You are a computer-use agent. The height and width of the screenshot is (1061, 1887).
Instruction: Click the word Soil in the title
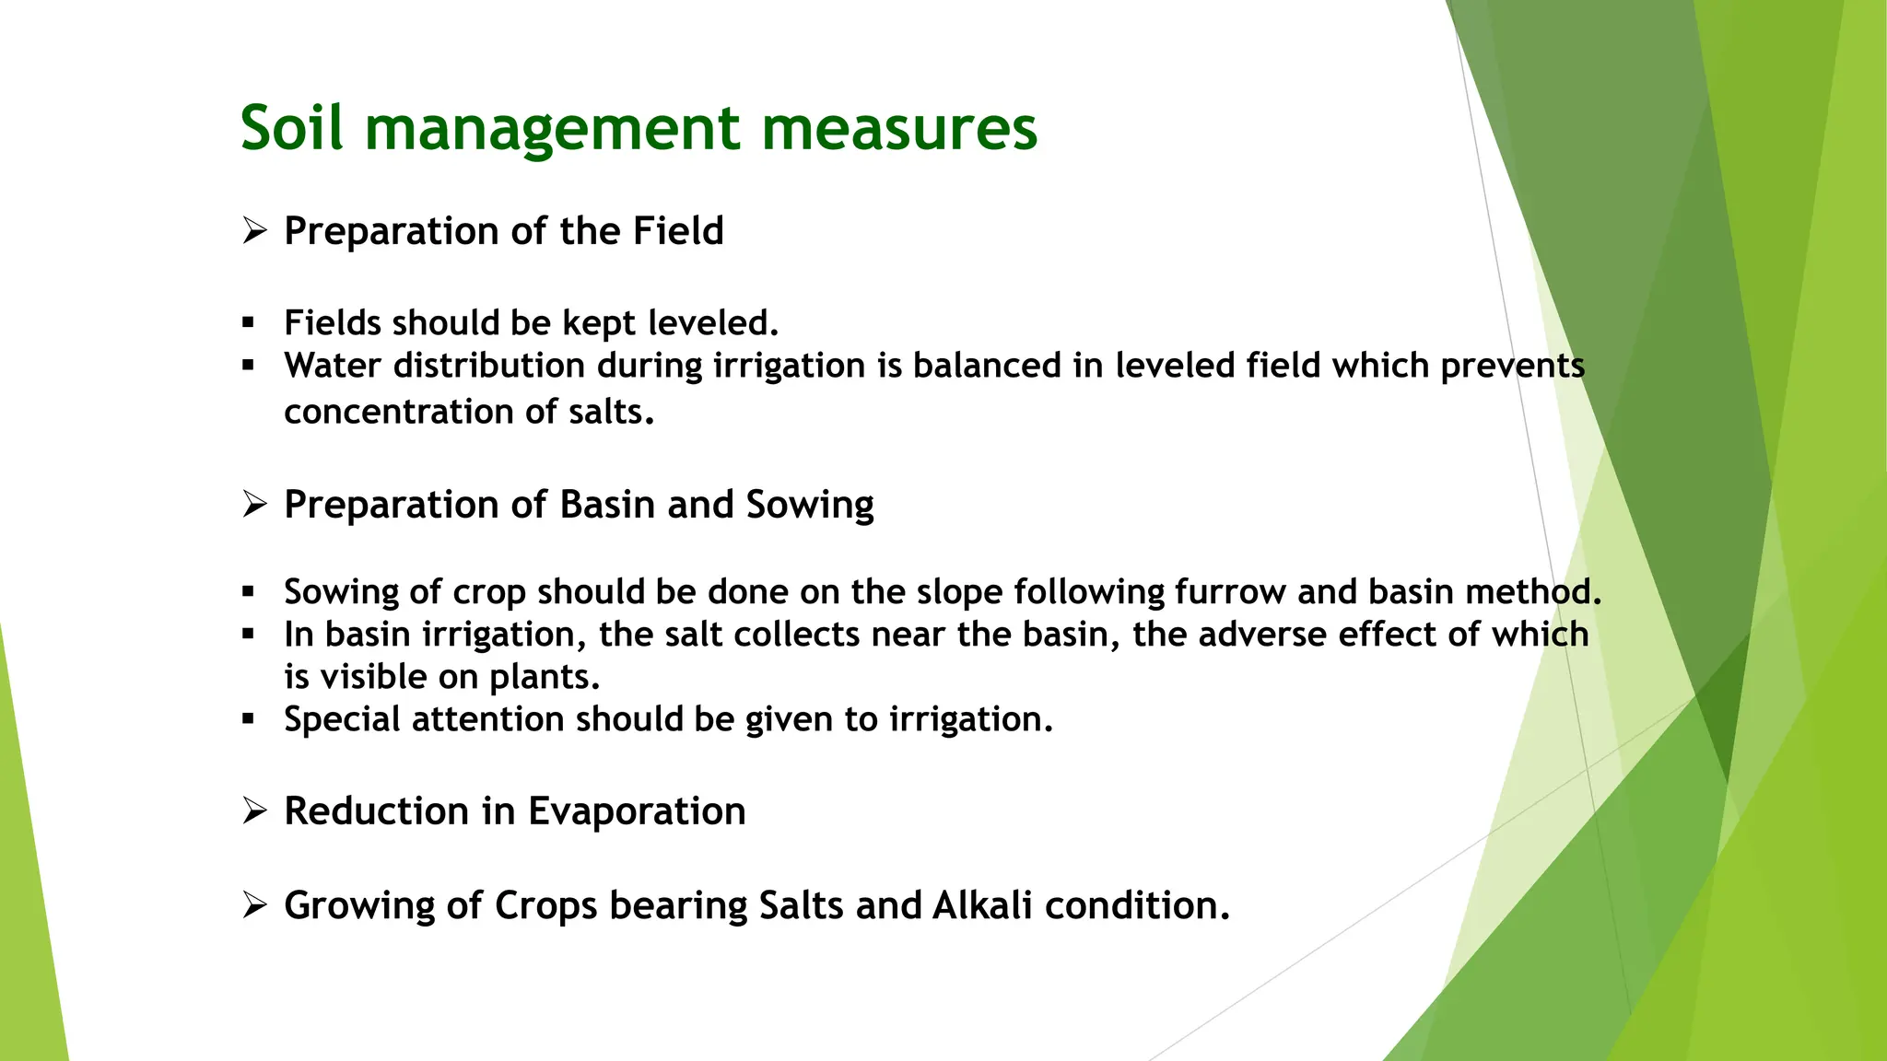tap(291, 127)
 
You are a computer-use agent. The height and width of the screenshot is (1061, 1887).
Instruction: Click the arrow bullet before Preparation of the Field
tap(254, 230)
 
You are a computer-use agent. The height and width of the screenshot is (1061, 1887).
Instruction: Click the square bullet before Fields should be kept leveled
tap(248, 323)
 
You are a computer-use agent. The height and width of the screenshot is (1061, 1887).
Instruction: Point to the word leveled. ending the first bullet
tap(713, 323)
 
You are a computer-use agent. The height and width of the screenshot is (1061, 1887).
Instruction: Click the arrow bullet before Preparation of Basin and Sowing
tap(254, 505)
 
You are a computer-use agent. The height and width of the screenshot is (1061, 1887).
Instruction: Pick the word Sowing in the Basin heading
tap(809, 505)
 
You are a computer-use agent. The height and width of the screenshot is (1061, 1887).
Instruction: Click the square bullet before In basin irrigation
tap(248, 635)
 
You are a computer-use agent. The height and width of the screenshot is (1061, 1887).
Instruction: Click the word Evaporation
tap(636, 811)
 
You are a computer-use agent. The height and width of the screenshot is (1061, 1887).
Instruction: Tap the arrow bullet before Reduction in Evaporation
tap(254, 811)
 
